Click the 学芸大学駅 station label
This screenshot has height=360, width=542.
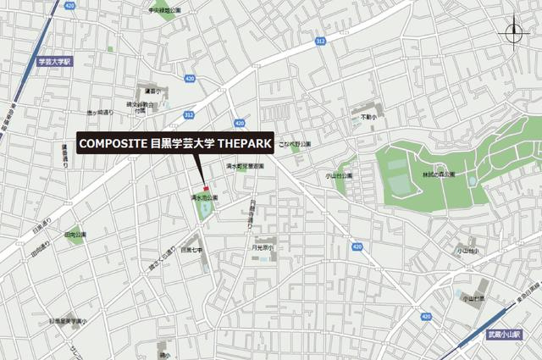pos(57,61)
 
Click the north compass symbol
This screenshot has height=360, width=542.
pos(514,34)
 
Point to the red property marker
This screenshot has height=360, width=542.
pos(205,187)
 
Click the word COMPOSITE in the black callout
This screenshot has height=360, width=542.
pos(113,145)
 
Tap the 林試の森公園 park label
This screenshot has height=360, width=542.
pos(438,174)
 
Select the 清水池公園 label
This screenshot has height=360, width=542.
pos(203,197)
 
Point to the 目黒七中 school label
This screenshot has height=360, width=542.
pos(191,250)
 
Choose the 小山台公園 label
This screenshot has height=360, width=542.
pos(339,176)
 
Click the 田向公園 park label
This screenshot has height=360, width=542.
pos(75,234)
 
